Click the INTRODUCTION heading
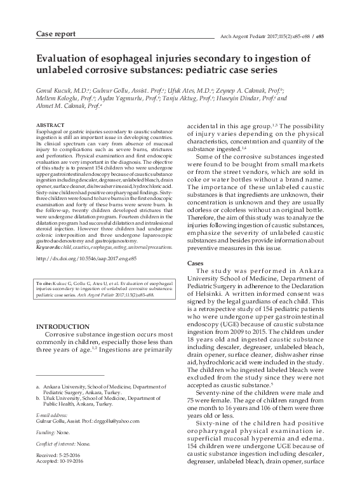(62, 326)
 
